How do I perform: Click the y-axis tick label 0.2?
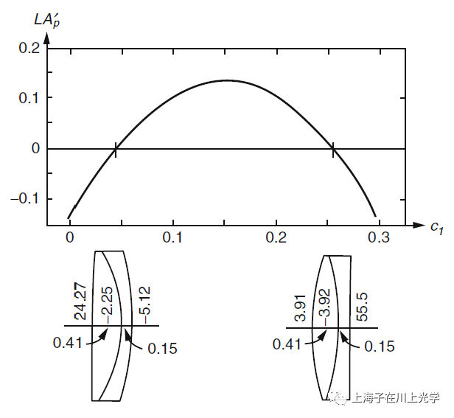point(29,48)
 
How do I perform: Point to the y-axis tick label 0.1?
point(29,98)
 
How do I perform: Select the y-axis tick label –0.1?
point(25,199)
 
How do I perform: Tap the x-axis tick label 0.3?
point(379,237)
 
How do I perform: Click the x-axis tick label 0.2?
point(276,237)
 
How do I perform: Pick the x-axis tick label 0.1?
point(172,237)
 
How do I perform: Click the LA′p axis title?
point(47,21)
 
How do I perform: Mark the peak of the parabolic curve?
point(226,80)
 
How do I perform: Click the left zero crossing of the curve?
point(116,149)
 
